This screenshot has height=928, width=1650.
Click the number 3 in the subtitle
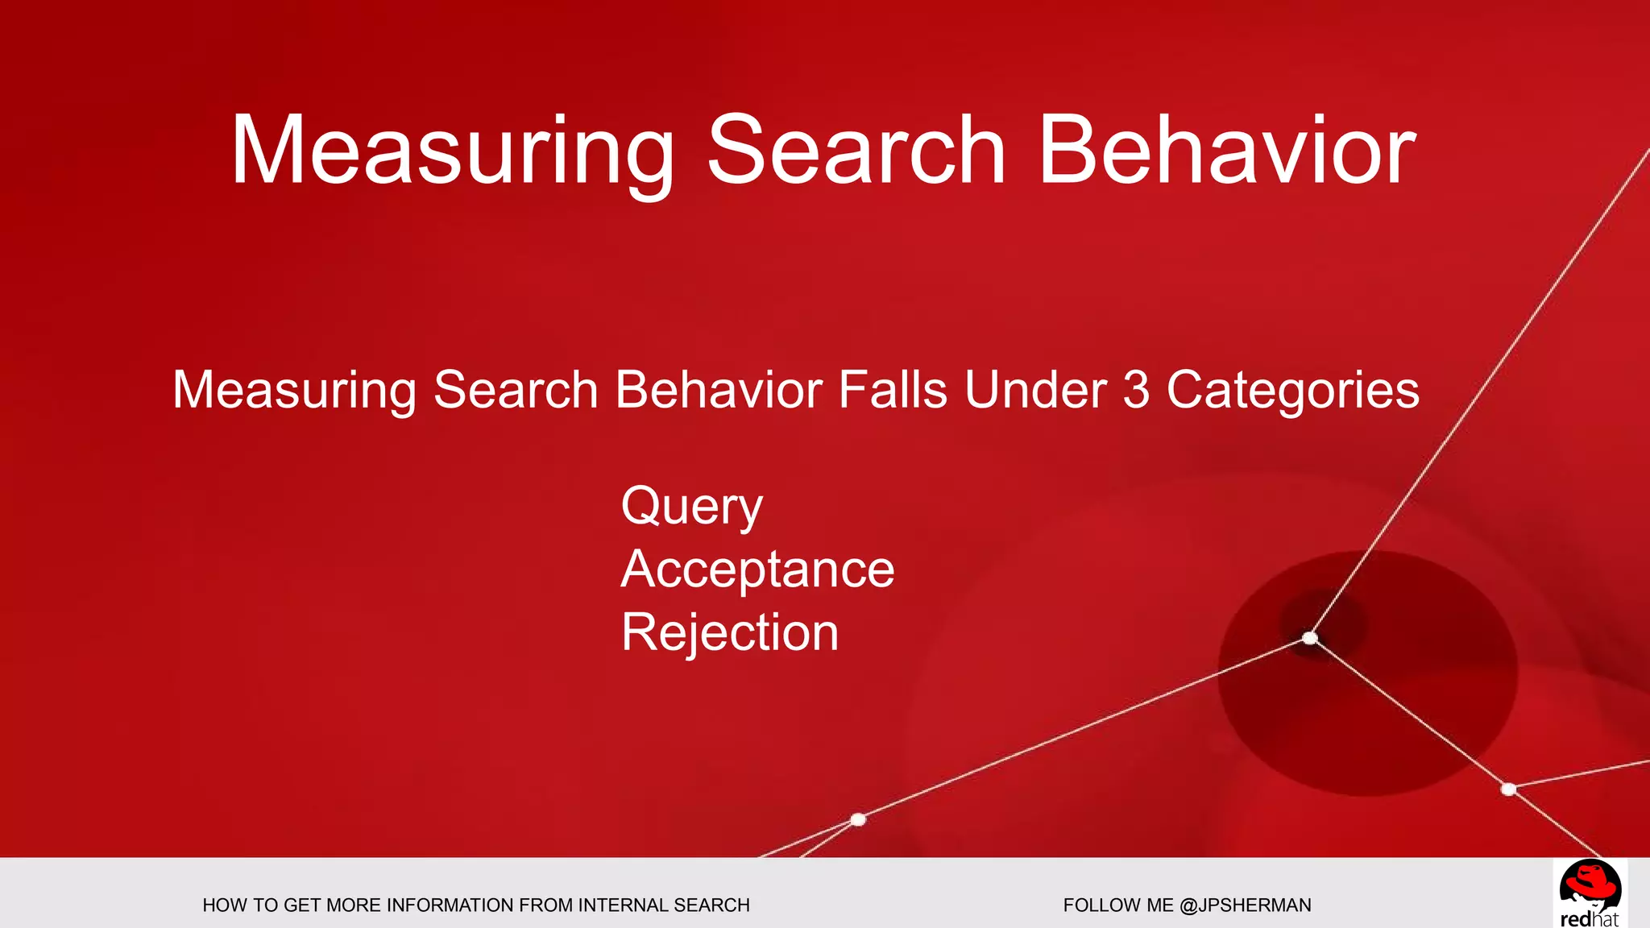click(1135, 390)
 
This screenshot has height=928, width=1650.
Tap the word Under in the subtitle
click(1035, 390)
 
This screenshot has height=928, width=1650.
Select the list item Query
click(691, 507)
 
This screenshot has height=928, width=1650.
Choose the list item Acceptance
click(757, 570)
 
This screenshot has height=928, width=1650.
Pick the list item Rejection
click(730, 632)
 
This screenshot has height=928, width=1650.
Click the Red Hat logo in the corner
click(1590, 893)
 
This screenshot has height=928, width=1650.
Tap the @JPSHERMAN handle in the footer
click(1245, 905)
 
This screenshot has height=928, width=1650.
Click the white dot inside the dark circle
click(1310, 639)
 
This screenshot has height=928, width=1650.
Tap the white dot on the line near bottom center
click(858, 819)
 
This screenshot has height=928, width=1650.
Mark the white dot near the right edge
click(1508, 789)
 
